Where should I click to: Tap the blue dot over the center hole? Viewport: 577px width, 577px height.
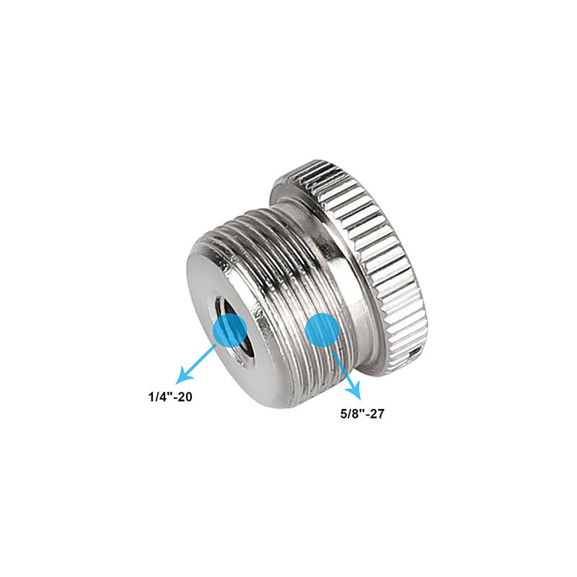tap(231, 330)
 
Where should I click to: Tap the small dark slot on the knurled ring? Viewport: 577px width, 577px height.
tap(413, 354)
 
